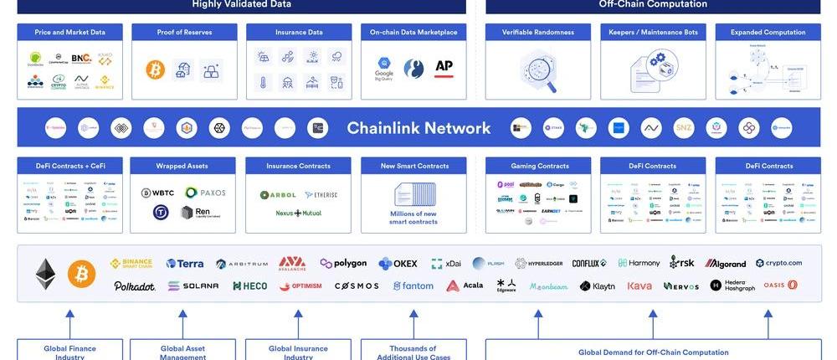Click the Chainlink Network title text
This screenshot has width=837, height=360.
tap(418, 128)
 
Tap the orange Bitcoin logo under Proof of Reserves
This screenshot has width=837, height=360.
tap(155, 69)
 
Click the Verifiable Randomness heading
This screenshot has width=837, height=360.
tap(538, 33)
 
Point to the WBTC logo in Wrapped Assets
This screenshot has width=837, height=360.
tap(157, 193)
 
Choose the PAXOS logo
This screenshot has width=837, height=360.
tap(205, 193)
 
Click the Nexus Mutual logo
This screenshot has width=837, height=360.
tap(299, 213)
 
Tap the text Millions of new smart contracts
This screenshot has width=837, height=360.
tap(413, 218)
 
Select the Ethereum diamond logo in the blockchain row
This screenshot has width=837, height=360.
tap(45, 273)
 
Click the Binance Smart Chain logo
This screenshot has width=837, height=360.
tap(131, 263)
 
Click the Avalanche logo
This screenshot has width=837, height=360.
tap(292, 263)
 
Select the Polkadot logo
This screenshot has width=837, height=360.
tap(135, 285)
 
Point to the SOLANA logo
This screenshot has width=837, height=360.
tap(193, 285)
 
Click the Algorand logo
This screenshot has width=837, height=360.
tap(725, 263)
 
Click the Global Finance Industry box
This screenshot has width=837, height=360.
tap(69, 350)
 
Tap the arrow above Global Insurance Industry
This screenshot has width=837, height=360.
tap(297, 322)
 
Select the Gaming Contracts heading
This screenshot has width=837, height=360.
tap(539, 166)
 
